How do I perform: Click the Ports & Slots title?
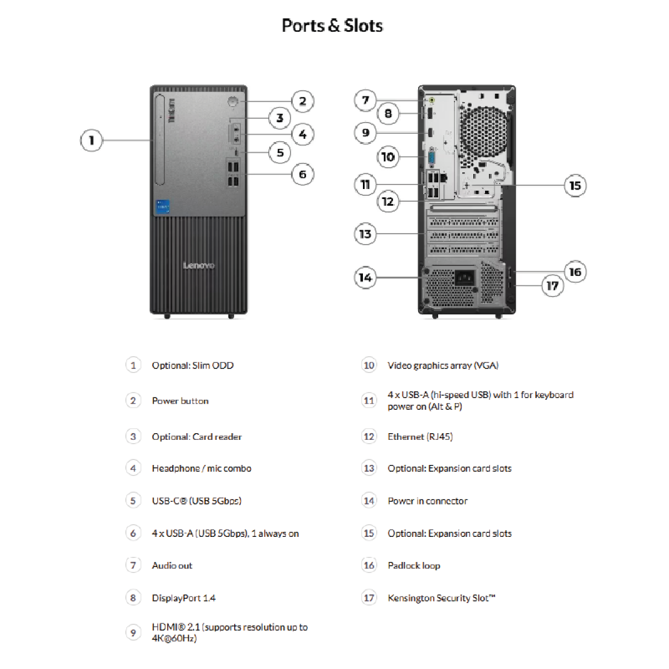click(332, 26)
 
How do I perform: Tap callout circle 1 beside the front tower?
click(91, 140)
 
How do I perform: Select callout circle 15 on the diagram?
click(575, 185)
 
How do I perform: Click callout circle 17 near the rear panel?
click(552, 285)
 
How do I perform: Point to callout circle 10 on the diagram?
click(388, 157)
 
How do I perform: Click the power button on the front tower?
click(233, 101)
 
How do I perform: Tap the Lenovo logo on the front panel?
click(198, 265)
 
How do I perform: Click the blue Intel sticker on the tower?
click(162, 206)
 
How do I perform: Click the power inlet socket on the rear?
click(464, 277)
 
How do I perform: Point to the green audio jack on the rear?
click(432, 100)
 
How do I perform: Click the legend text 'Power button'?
click(180, 401)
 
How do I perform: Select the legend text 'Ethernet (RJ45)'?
click(420, 437)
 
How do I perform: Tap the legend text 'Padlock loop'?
click(414, 565)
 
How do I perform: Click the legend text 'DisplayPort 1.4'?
click(183, 598)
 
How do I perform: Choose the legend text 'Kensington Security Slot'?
click(441, 598)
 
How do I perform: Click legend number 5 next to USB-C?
click(133, 501)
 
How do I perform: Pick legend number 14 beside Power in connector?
click(369, 501)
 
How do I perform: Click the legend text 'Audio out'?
click(172, 565)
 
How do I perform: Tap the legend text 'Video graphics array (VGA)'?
click(443, 365)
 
